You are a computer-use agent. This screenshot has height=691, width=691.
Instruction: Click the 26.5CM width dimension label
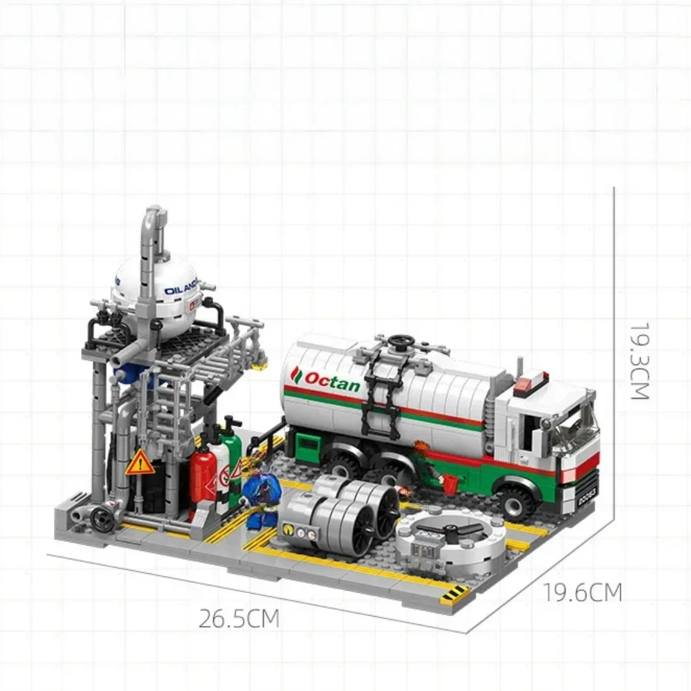[239, 619]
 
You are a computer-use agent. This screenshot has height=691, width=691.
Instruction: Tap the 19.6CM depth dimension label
[582, 592]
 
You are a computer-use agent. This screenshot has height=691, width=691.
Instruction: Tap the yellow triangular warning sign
[139, 463]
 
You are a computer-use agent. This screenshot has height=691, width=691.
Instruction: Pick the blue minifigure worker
[260, 489]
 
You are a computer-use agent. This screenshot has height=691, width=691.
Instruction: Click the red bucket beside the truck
[450, 484]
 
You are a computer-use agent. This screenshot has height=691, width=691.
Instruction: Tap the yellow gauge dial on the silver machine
[291, 530]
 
